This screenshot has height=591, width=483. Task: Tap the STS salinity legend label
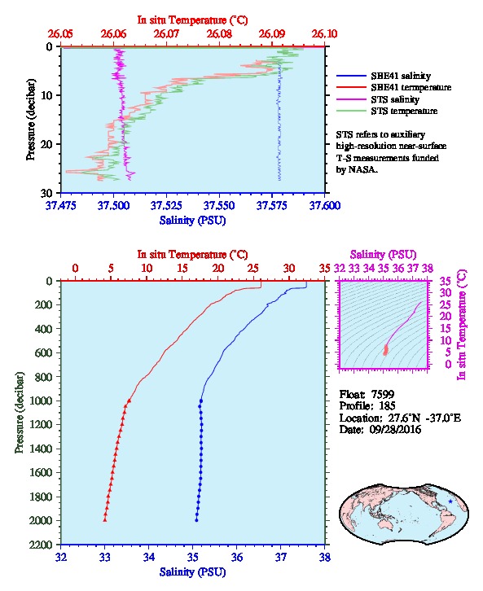[x=395, y=99]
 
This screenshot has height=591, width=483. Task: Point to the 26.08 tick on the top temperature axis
[x=219, y=34]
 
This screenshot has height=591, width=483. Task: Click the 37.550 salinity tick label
[x=219, y=205]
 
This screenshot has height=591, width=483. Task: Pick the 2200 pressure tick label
[x=41, y=545]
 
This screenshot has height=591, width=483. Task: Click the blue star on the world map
[x=450, y=501]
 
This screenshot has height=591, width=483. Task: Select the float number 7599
[x=383, y=394]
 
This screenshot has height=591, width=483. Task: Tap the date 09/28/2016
[x=395, y=429]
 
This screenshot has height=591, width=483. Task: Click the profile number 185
[x=387, y=406]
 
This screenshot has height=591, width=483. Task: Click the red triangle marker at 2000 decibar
[x=105, y=519]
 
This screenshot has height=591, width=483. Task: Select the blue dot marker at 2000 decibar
[x=196, y=520]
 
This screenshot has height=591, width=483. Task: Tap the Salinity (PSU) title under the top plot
[x=193, y=221]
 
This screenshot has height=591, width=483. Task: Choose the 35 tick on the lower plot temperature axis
[x=324, y=269]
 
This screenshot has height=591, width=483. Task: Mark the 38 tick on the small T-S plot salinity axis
[x=428, y=269]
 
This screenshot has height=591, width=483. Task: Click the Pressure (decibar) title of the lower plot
[x=20, y=413]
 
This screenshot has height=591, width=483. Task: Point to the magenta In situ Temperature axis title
[x=462, y=325]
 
